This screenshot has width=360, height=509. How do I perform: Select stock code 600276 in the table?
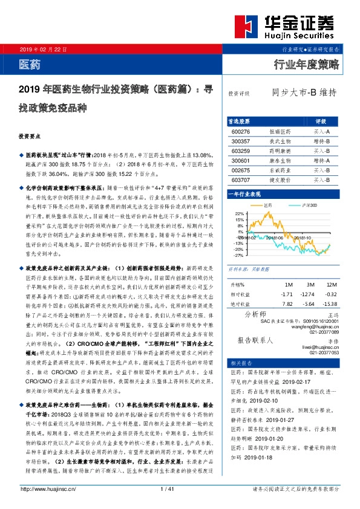click(241, 131)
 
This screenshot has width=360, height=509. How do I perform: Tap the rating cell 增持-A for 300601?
click(321, 160)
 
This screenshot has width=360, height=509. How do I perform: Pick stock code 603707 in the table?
click(241, 180)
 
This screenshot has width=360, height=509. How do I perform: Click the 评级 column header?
click(321, 121)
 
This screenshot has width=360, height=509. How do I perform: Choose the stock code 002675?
click(241, 170)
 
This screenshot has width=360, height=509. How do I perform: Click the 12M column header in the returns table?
click(330, 284)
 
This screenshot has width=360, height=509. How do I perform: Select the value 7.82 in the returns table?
click(287, 304)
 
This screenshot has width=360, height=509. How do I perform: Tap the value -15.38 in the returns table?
click(329, 304)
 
